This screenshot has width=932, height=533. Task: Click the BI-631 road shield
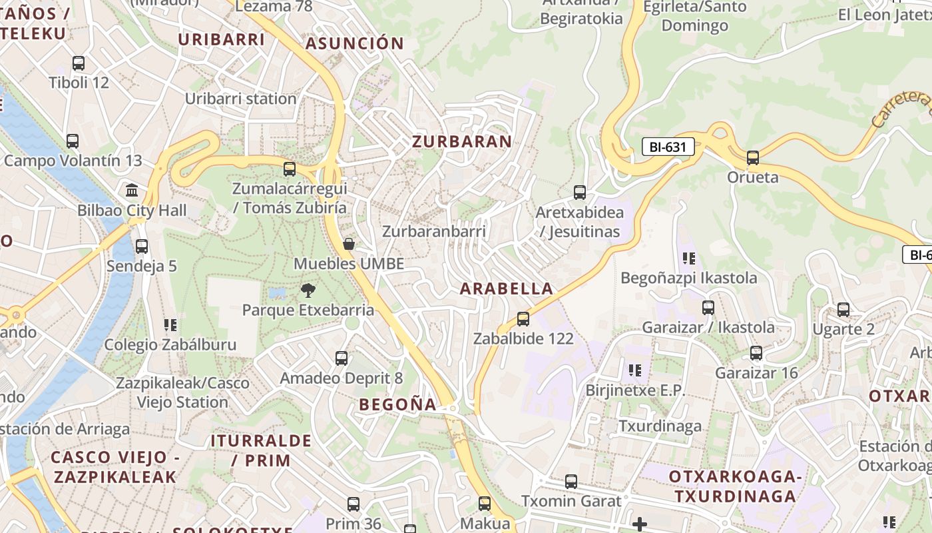(668, 147)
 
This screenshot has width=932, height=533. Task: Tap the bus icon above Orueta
(753, 158)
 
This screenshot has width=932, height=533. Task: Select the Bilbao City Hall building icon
(132, 191)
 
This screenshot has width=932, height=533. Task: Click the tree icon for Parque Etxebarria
(308, 290)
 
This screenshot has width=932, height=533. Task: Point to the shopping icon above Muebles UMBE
(348, 244)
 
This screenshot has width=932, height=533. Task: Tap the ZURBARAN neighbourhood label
(462, 141)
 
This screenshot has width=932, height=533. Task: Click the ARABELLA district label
(507, 288)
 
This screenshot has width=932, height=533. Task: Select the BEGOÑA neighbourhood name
(397, 404)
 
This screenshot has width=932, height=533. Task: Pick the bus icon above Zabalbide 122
(523, 318)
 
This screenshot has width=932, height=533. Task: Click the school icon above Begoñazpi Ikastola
(688, 258)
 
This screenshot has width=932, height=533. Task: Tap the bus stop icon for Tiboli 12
(79, 63)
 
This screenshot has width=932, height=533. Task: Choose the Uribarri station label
(240, 99)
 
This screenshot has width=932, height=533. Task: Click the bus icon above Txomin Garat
(571, 481)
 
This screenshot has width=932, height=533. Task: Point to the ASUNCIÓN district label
(354, 44)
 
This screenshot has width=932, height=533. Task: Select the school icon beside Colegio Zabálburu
(170, 325)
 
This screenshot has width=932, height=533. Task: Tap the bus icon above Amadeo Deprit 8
(342, 358)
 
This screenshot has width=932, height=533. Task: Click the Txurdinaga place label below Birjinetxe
(660, 426)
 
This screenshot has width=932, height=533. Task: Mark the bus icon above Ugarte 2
(843, 310)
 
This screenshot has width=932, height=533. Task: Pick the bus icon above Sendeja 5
(142, 247)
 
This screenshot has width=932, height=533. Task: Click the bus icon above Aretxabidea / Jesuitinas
(580, 193)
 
